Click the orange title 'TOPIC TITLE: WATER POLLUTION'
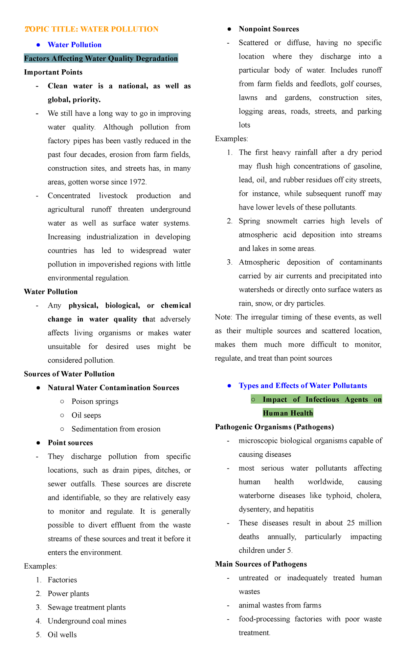[x=91, y=29]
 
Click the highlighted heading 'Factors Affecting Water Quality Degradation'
[x=101, y=58]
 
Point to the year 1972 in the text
[x=137, y=182]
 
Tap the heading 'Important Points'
[x=53, y=72]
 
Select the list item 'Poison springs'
[x=95, y=402]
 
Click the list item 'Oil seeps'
[x=86, y=415]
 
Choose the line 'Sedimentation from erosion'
[x=116, y=429]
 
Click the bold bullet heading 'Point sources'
[x=70, y=443]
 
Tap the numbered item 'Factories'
[x=62, y=580]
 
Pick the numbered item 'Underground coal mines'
[x=87, y=621]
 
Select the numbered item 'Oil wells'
[x=62, y=635]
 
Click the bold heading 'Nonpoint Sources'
[x=269, y=29]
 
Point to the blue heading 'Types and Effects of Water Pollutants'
[x=302, y=386]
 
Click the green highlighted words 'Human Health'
[x=288, y=413]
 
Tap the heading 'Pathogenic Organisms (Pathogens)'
[x=274, y=427]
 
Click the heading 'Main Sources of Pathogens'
[x=261, y=564]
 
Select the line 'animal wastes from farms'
[x=280, y=605]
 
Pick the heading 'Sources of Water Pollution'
[x=69, y=374]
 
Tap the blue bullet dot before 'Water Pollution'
[x=39, y=45]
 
